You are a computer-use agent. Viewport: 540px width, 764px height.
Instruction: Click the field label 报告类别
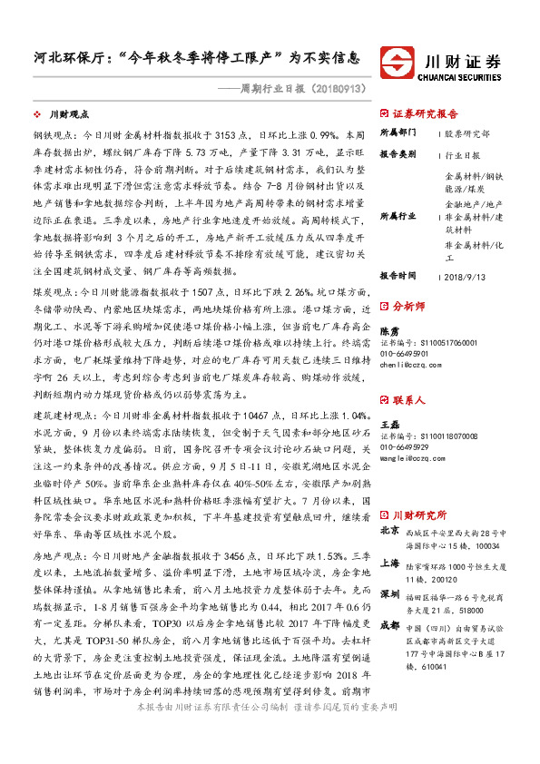click(x=397, y=154)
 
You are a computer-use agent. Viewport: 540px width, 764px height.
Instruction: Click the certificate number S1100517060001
click(x=438, y=342)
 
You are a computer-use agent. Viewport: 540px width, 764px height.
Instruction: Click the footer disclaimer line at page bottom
click(x=270, y=756)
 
